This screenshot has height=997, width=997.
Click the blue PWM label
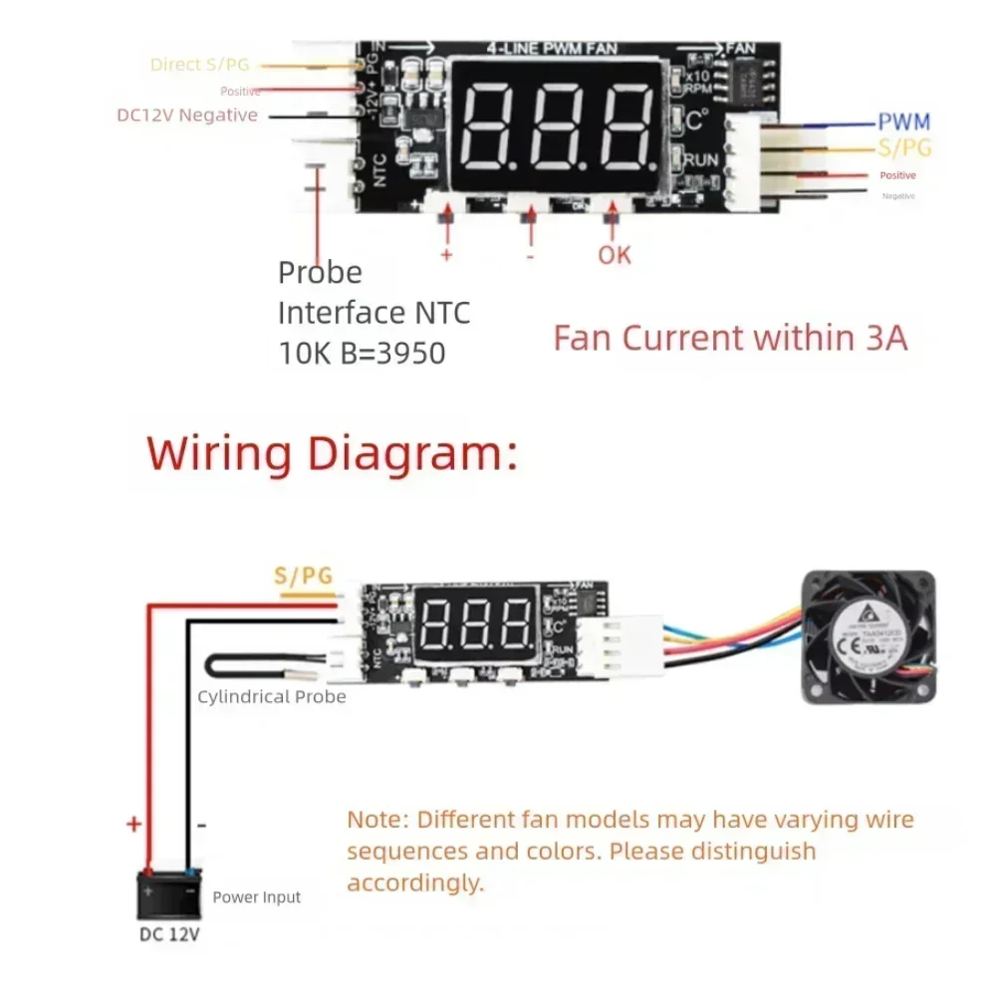(x=903, y=123)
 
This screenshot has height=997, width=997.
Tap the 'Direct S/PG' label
(x=199, y=65)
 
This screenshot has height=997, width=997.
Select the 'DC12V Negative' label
(x=187, y=115)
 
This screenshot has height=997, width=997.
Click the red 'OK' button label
(x=615, y=255)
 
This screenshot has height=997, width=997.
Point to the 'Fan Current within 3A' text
(x=730, y=338)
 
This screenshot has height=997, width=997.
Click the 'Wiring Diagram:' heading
(x=333, y=453)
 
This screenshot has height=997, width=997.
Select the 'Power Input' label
(x=256, y=897)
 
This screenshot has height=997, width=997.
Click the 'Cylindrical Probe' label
(x=271, y=697)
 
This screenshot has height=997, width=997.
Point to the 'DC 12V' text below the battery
(x=168, y=935)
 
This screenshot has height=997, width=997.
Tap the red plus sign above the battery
(x=133, y=825)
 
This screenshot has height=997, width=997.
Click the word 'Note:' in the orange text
(x=377, y=820)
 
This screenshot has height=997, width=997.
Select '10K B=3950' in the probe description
(x=362, y=353)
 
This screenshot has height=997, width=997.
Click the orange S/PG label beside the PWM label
(x=903, y=148)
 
